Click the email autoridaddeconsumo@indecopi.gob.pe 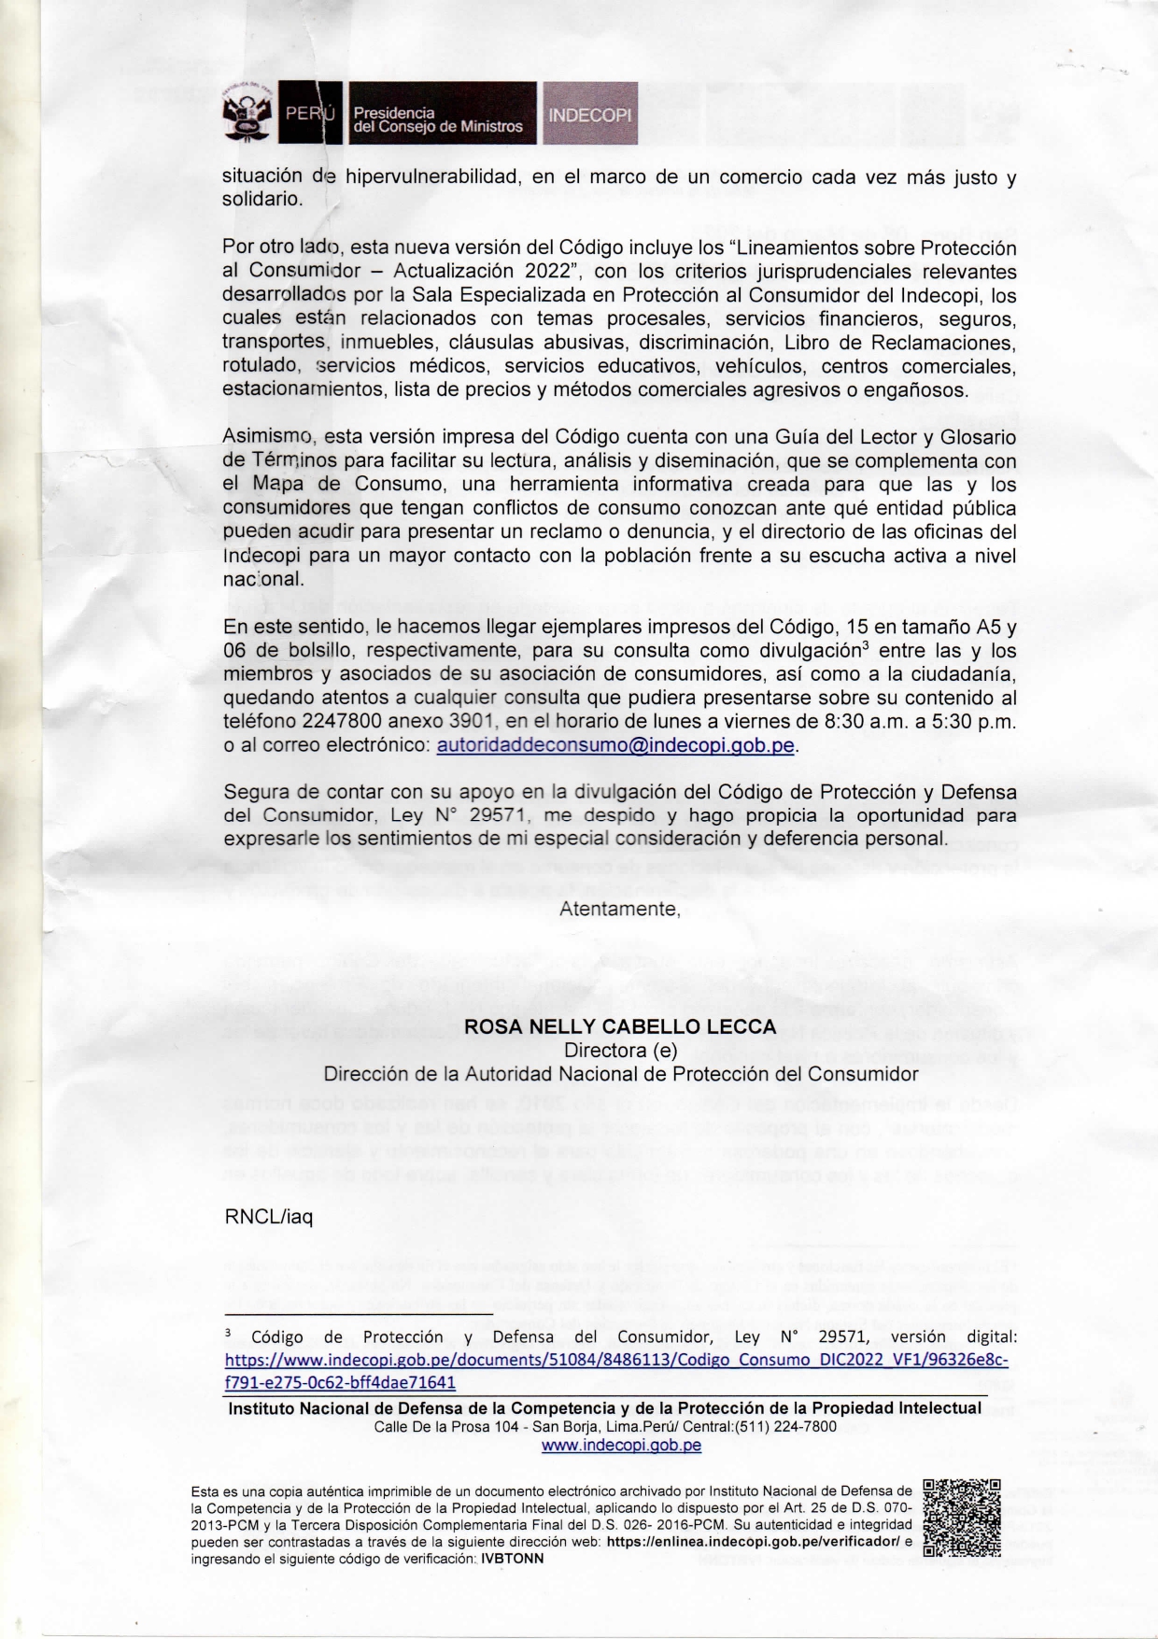(x=615, y=745)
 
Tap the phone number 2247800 (x=340, y=722)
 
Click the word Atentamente (x=619, y=908)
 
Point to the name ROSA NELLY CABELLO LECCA (x=620, y=1026)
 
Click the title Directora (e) (x=620, y=1050)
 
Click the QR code (x=962, y=1518)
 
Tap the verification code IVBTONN (x=512, y=1559)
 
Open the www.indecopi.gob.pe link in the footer (x=621, y=1446)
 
